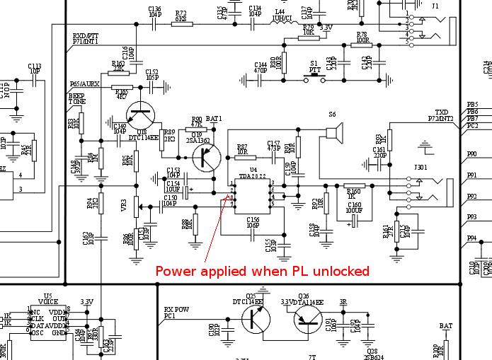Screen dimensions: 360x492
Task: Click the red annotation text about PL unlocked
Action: tap(262, 271)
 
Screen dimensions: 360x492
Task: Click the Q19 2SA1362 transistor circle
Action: tap(206, 157)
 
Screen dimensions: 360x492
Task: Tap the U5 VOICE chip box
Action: tap(48, 321)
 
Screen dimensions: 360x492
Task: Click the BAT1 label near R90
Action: tap(214, 118)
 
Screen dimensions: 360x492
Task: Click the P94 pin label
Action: tap(471, 238)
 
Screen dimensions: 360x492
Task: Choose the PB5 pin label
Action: tap(471, 105)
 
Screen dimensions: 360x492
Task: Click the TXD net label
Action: tap(441, 112)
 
